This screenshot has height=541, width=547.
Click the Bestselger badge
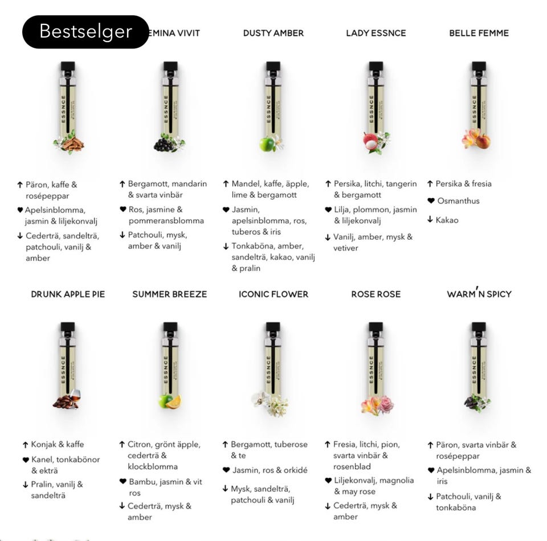tap(85, 32)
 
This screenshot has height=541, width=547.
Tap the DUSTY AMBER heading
tap(273, 33)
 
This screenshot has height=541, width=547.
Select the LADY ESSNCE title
tap(376, 33)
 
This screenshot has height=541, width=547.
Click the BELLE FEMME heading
tap(479, 33)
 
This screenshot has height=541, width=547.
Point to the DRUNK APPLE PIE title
tap(68, 294)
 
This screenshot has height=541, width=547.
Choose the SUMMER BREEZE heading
tap(170, 294)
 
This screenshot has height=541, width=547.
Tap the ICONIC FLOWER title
tap(273, 294)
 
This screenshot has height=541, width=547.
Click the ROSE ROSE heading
tap(376, 294)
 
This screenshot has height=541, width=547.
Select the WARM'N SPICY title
tap(479, 294)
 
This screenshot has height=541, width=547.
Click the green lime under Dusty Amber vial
tap(266, 145)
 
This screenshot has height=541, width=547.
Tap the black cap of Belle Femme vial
tap(479, 66)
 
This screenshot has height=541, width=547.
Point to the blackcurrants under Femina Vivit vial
tap(165, 145)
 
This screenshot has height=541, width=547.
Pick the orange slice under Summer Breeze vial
tap(174, 401)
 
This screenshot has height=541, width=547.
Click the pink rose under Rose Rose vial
tap(386, 405)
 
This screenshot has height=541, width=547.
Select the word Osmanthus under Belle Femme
tap(458, 201)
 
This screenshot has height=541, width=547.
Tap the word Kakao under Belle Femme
tap(447, 220)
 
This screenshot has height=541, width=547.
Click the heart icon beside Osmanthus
tap(431, 201)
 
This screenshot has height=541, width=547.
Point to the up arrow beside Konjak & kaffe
tap(25, 445)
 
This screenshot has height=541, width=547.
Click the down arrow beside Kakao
tap(431, 220)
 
